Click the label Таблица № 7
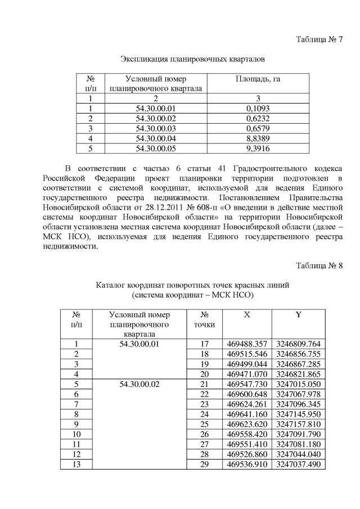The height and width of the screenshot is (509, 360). tap(319, 39)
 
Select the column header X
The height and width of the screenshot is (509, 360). tap(246, 315)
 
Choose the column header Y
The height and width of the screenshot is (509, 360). tap(298, 315)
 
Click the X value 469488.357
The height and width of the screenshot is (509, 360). tap(246, 344)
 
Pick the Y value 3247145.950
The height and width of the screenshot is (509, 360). tap(298, 414)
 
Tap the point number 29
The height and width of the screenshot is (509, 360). tap(204, 465)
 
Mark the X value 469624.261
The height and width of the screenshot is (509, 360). tap(246, 404)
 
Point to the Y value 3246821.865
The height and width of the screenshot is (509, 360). tap(298, 374)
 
